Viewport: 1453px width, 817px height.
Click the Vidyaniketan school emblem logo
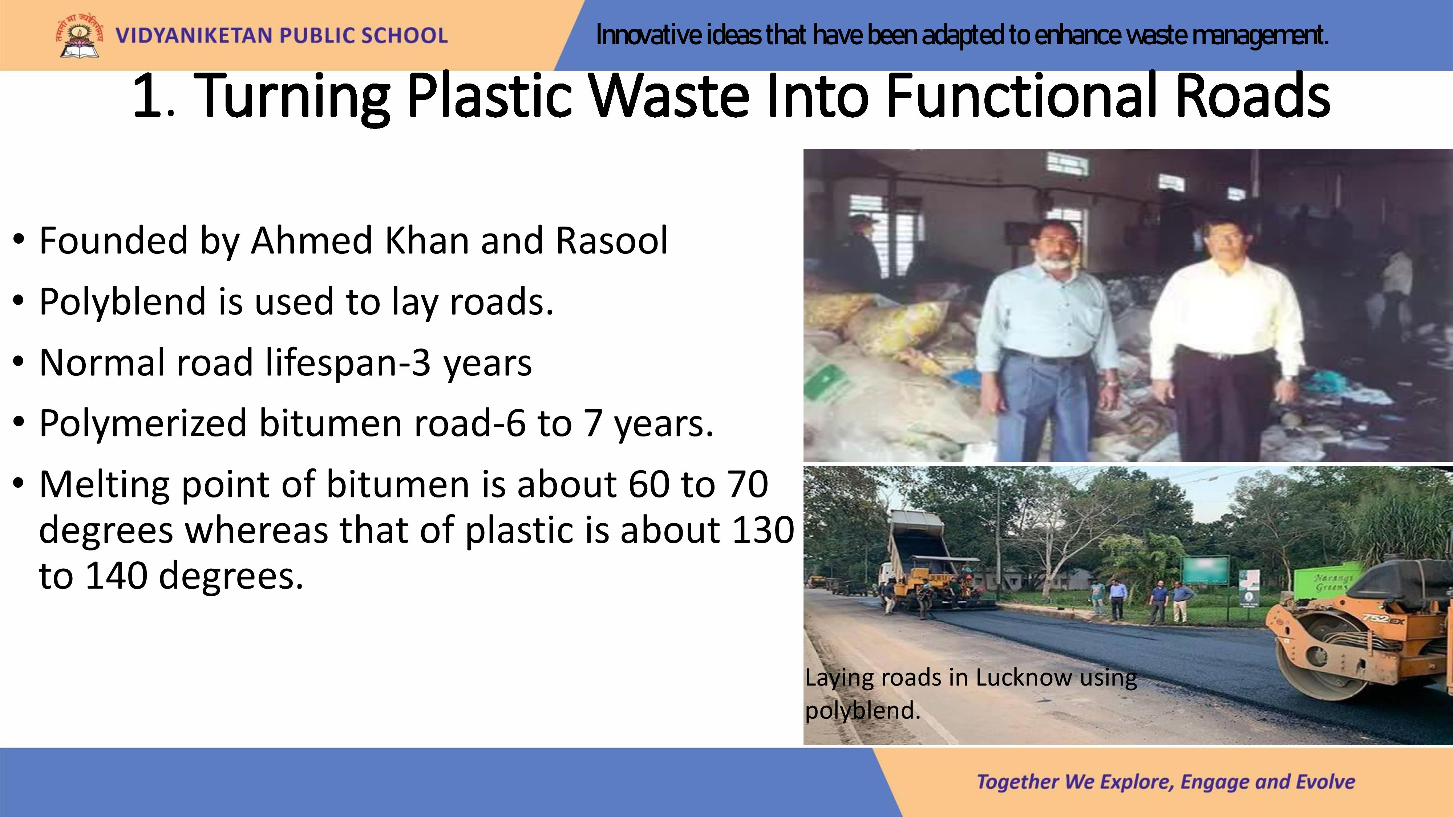(79, 35)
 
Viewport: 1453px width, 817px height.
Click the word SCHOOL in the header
(404, 36)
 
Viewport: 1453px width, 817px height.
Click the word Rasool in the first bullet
(611, 240)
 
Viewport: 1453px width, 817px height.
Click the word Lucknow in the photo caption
(1023, 677)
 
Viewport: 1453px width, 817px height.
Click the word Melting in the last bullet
(104, 485)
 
